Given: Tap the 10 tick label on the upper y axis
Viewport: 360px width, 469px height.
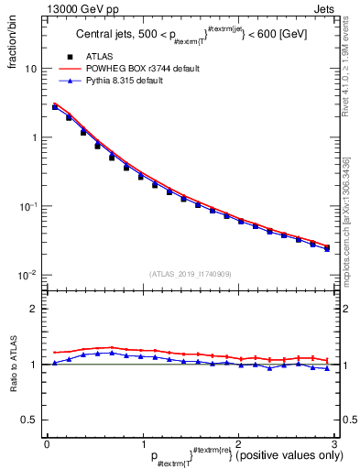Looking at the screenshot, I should pos(31,70).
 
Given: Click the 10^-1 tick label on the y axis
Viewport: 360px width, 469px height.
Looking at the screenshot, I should pos(28,206).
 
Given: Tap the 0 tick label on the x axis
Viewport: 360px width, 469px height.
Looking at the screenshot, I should pos(47,442).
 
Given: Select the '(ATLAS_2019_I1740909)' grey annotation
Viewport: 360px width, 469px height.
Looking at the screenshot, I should pos(190,274).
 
